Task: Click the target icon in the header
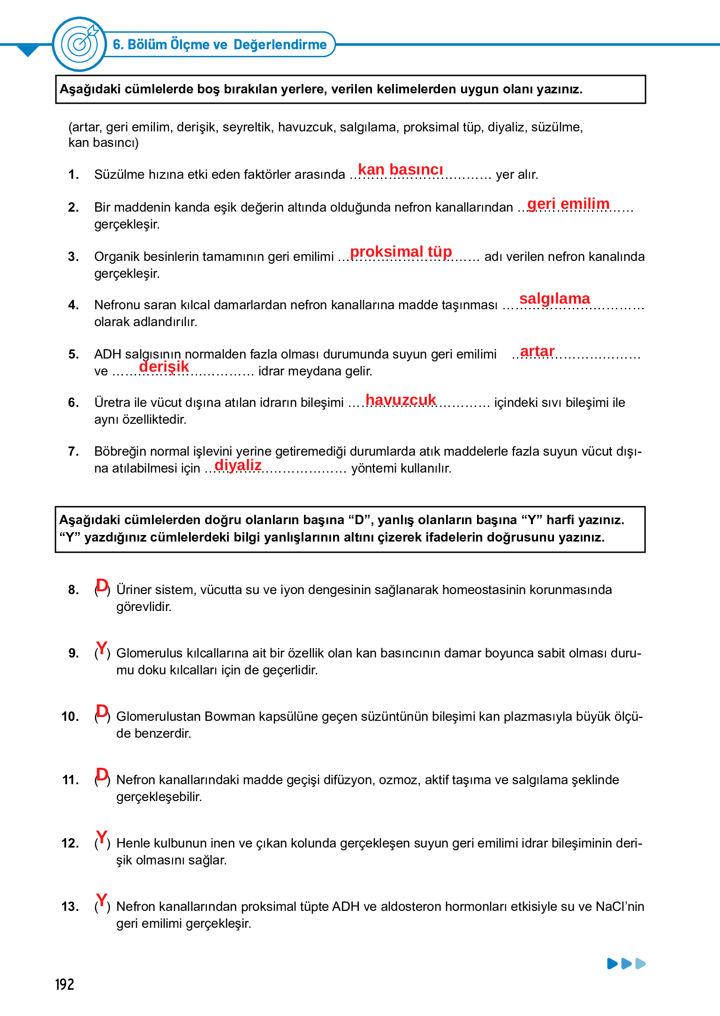[79, 44]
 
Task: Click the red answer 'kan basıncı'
[400, 169]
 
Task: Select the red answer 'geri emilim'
[568, 204]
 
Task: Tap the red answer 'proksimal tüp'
[401, 252]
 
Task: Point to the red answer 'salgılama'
[554, 298]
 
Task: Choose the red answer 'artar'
[537, 351]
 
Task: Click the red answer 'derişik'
[164, 367]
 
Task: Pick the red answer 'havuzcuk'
[401, 399]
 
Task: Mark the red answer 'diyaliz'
[238, 465]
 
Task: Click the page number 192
[65, 985]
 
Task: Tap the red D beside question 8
[102, 586]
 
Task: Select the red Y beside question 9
[101, 648]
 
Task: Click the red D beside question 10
[102, 711]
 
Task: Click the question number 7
[73, 451]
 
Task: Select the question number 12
[70, 843]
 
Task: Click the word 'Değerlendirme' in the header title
[280, 45]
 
